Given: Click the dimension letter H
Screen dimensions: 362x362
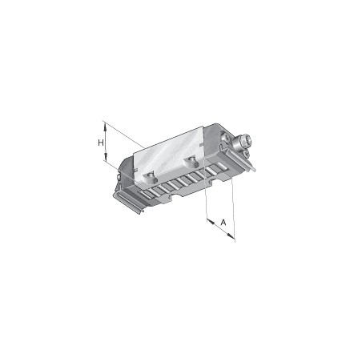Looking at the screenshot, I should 101,143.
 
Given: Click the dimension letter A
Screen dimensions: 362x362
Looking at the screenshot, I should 223,221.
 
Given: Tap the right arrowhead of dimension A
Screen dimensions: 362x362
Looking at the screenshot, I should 233,235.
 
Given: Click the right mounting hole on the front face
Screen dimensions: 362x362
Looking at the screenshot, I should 191,163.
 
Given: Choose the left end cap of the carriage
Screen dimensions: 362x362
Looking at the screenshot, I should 126,176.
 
